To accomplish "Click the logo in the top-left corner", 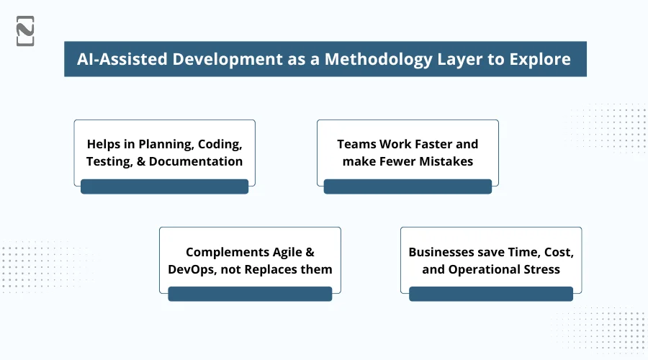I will coord(25,31).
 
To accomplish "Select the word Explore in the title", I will coord(536,59).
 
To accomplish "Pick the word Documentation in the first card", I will coord(195,161).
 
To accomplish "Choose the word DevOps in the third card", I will coord(192,269).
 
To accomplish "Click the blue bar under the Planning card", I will coord(164,187).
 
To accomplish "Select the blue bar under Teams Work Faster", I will coord(408,187).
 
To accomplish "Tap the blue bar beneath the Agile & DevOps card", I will coord(250,294).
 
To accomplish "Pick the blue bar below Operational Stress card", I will coord(491,294).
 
